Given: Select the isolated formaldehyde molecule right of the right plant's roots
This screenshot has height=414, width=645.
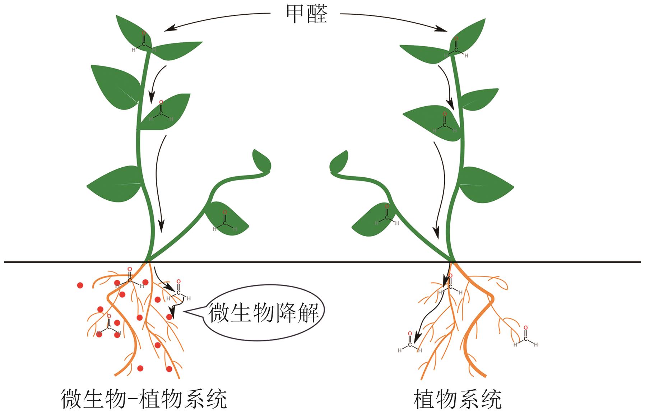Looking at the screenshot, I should click(x=525, y=337).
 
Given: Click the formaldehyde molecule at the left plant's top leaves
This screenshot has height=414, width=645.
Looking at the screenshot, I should click(x=143, y=42).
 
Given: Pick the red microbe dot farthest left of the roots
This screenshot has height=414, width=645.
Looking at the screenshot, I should click(x=80, y=285).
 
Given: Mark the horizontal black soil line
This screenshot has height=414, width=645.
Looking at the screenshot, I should click(x=323, y=262).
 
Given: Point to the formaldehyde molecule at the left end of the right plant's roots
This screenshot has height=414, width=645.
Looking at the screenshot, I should click(x=409, y=343).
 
